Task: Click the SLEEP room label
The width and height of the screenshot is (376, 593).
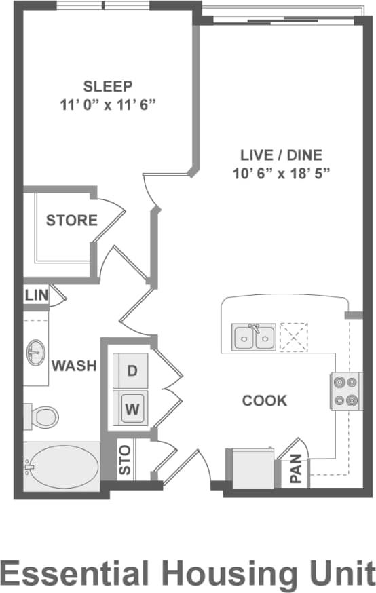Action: point(107,86)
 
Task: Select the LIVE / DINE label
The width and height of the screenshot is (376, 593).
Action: point(280,155)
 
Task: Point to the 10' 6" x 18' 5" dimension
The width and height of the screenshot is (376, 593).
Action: point(280,173)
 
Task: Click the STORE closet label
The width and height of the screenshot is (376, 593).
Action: point(71,221)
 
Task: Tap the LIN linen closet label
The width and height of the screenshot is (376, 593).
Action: point(35,296)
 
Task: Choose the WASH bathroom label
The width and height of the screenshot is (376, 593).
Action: point(74,366)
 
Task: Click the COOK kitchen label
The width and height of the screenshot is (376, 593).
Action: point(265,400)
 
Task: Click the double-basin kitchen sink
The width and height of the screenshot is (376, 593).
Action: point(254,337)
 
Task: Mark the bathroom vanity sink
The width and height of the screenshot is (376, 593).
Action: point(36,352)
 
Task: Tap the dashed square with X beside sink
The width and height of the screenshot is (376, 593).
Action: point(294,337)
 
